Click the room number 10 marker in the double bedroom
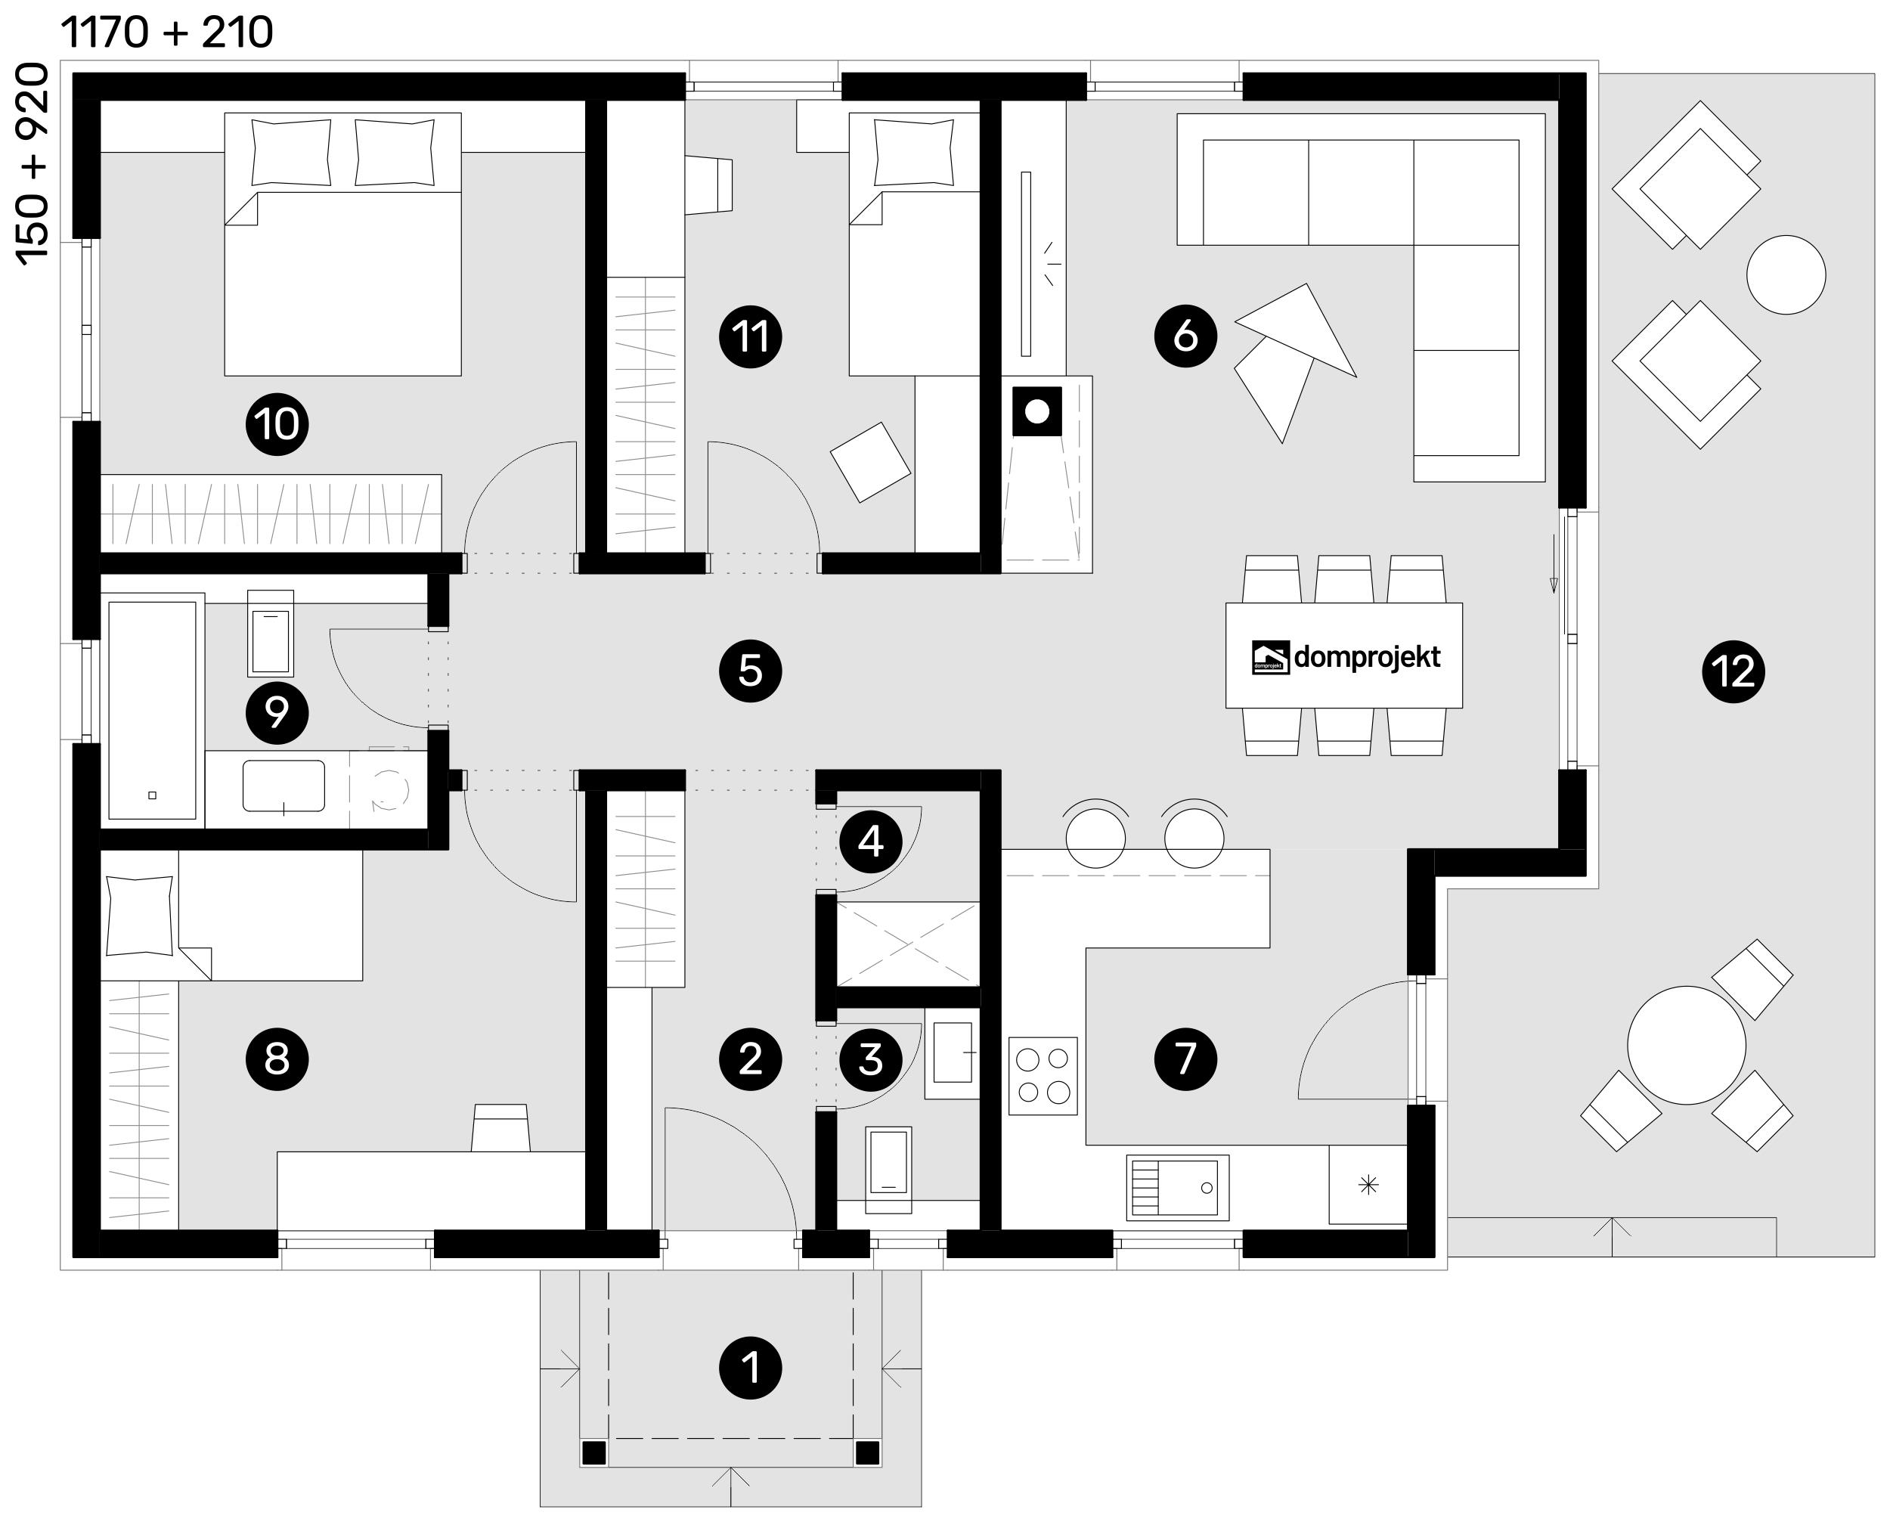tap(277, 424)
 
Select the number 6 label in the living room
tap(1185, 335)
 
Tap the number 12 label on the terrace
tap(1733, 671)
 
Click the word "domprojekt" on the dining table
tap(1367, 657)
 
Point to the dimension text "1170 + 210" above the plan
tap(166, 33)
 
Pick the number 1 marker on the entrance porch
tap(751, 1367)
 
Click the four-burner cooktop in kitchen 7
tap(1043, 1076)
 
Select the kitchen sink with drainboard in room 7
tap(1177, 1188)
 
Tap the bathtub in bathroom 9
tap(152, 710)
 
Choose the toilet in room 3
tap(888, 1170)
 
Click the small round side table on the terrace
tap(1786, 274)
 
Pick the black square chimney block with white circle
tap(1037, 411)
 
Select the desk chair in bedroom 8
tap(500, 1127)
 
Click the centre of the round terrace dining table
tap(1687, 1045)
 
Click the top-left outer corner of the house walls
tap(73, 73)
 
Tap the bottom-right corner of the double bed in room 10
tap(461, 375)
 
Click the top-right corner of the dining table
tap(1462, 603)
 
